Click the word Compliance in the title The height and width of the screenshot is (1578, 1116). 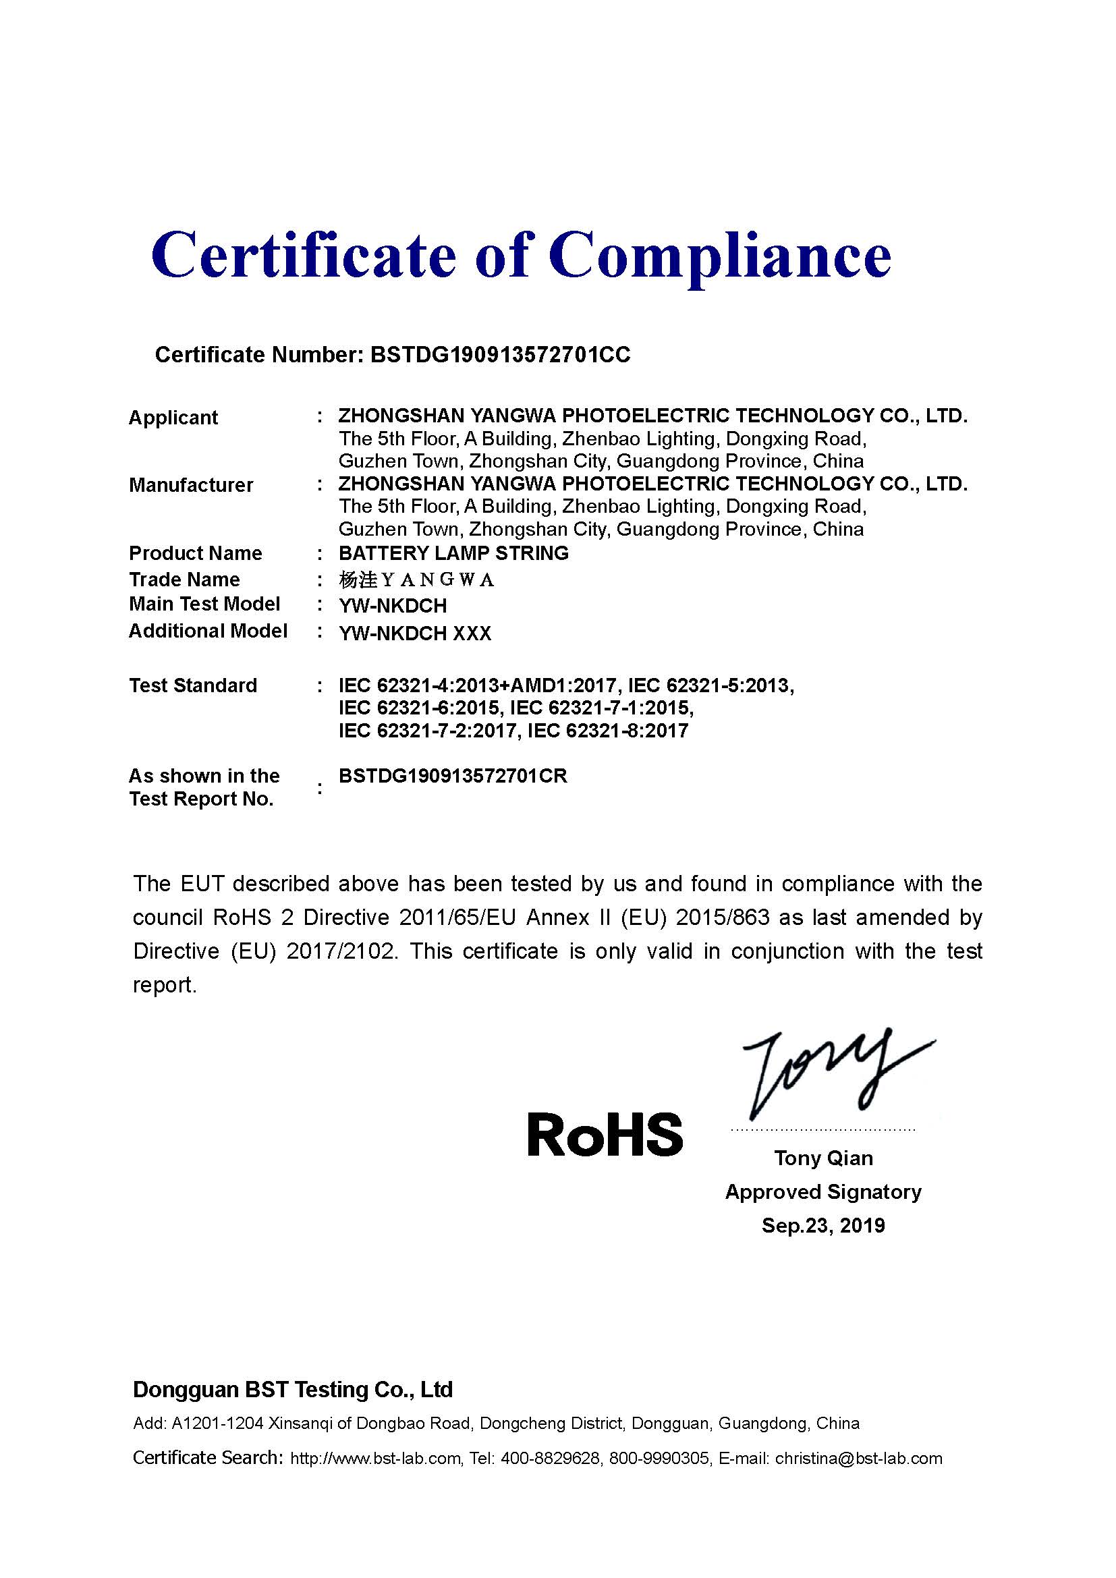[x=719, y=256]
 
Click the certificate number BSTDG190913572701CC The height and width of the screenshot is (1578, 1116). [x=500, y=355]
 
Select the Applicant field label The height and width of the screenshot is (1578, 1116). [x=173, y=417]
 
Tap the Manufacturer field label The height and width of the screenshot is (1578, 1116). [x=191, y=485]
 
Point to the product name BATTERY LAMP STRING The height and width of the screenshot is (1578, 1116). [x=453, y=553]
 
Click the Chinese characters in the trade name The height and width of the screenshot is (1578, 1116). [x=358, y=580]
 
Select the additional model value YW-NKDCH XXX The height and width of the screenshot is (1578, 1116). [x=415, y=633]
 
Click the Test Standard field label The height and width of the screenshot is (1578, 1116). [x=193, y=685]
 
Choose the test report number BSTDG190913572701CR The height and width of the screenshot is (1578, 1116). [x=453, y=776]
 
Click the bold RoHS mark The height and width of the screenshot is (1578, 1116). [x=605, y=1135]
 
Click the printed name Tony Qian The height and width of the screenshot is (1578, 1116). [x=823, y=1158]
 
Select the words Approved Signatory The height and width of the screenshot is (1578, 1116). [x=823, y=1191]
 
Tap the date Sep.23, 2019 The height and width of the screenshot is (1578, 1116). [x=823, y=1225]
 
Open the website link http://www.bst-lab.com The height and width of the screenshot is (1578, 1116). [x=375, y=1459]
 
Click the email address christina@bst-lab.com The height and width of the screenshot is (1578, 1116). [x=858, y=1459]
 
